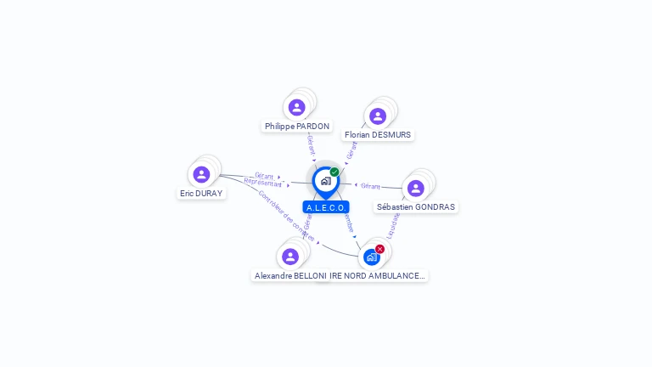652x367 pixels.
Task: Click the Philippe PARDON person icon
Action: point(296,107)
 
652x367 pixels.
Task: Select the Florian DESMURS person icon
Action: point(378,116)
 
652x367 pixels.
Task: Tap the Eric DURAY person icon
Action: point(201,174)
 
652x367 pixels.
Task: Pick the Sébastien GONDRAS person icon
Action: point(415,188)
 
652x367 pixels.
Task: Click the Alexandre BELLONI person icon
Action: point(290,257)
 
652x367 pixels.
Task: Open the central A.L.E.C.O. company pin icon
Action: point(325,181)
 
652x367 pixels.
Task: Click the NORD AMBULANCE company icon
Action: point(371,257)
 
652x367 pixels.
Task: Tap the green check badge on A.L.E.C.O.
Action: point(334,172)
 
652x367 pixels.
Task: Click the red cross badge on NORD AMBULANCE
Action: point(379,249)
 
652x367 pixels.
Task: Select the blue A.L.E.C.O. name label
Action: point(326,207)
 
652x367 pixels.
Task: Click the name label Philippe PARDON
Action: point(296,126)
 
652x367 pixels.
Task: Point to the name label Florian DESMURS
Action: point(378,134)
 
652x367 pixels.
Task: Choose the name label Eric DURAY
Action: point(201,193)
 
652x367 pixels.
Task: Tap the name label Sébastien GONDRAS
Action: point(416,206)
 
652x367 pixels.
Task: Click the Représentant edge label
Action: point(262,183)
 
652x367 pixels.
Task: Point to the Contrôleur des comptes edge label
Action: point(286,216)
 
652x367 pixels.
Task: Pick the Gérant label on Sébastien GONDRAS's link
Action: point(370,185)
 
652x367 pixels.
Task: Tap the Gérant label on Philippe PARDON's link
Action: point(311,145)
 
